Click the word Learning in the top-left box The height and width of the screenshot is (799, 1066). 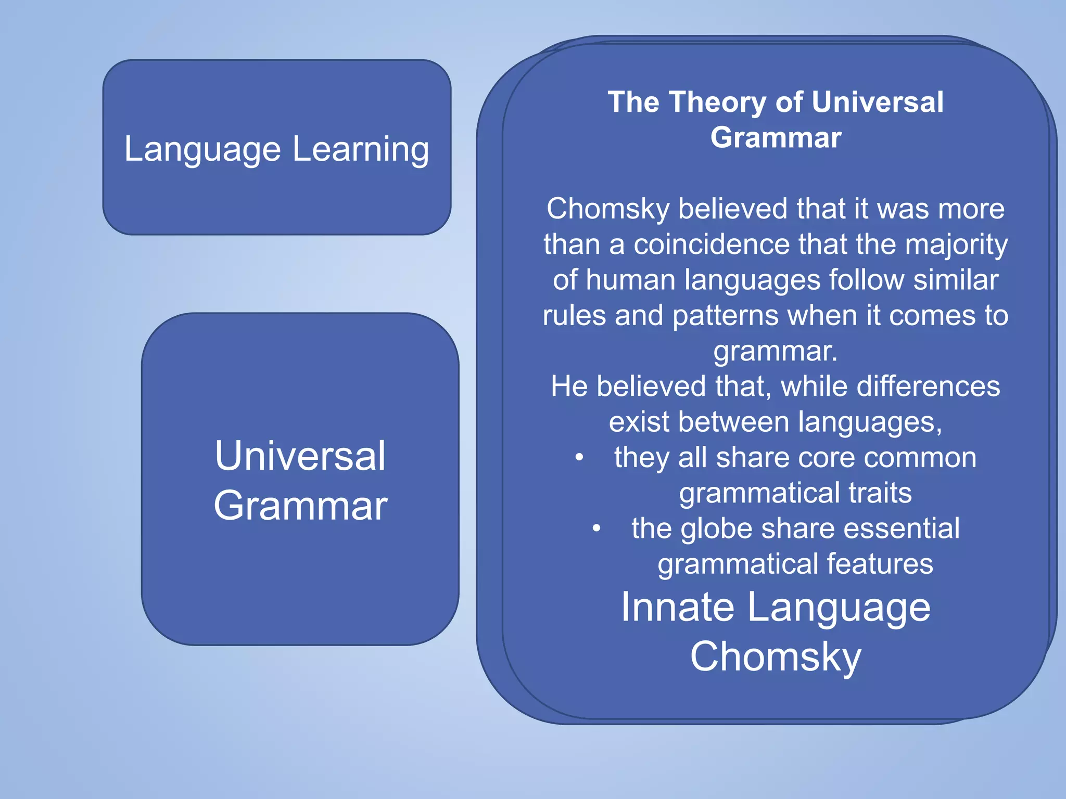point(360,150)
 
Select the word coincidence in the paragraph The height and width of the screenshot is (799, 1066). point(712,244)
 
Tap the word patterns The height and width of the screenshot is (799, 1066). point(724,316)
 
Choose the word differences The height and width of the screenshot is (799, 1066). point(928,386)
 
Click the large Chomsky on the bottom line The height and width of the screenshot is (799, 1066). point(776,657)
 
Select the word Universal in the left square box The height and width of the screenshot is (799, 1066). point(300,456)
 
